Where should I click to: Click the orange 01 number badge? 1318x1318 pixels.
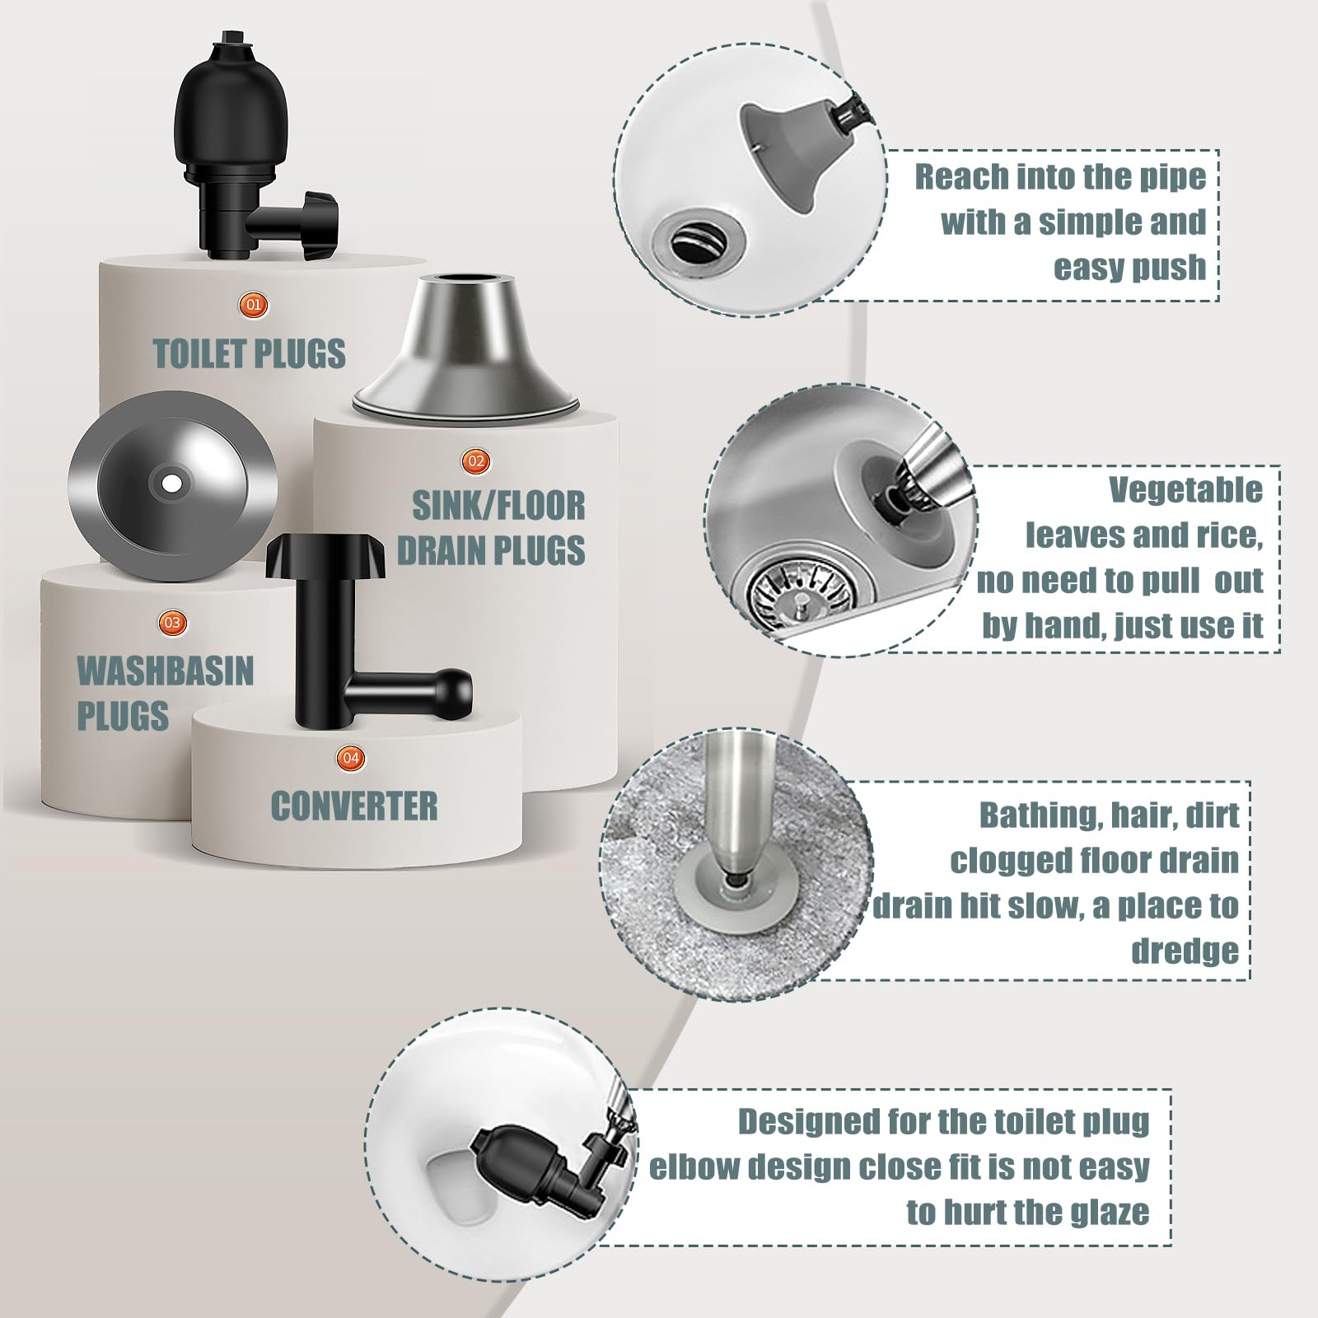253,305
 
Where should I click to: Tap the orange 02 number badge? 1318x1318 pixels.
477,460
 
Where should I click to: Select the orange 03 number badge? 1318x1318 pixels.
172,622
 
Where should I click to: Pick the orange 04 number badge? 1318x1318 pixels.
352,757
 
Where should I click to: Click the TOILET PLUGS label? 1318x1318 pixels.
250,353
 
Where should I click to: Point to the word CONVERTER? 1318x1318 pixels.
354,806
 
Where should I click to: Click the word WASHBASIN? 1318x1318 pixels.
165,671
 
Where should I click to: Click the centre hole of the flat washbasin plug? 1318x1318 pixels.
172,483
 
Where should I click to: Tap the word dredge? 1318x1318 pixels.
1184,951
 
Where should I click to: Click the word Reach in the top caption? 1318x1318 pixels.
961,176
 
